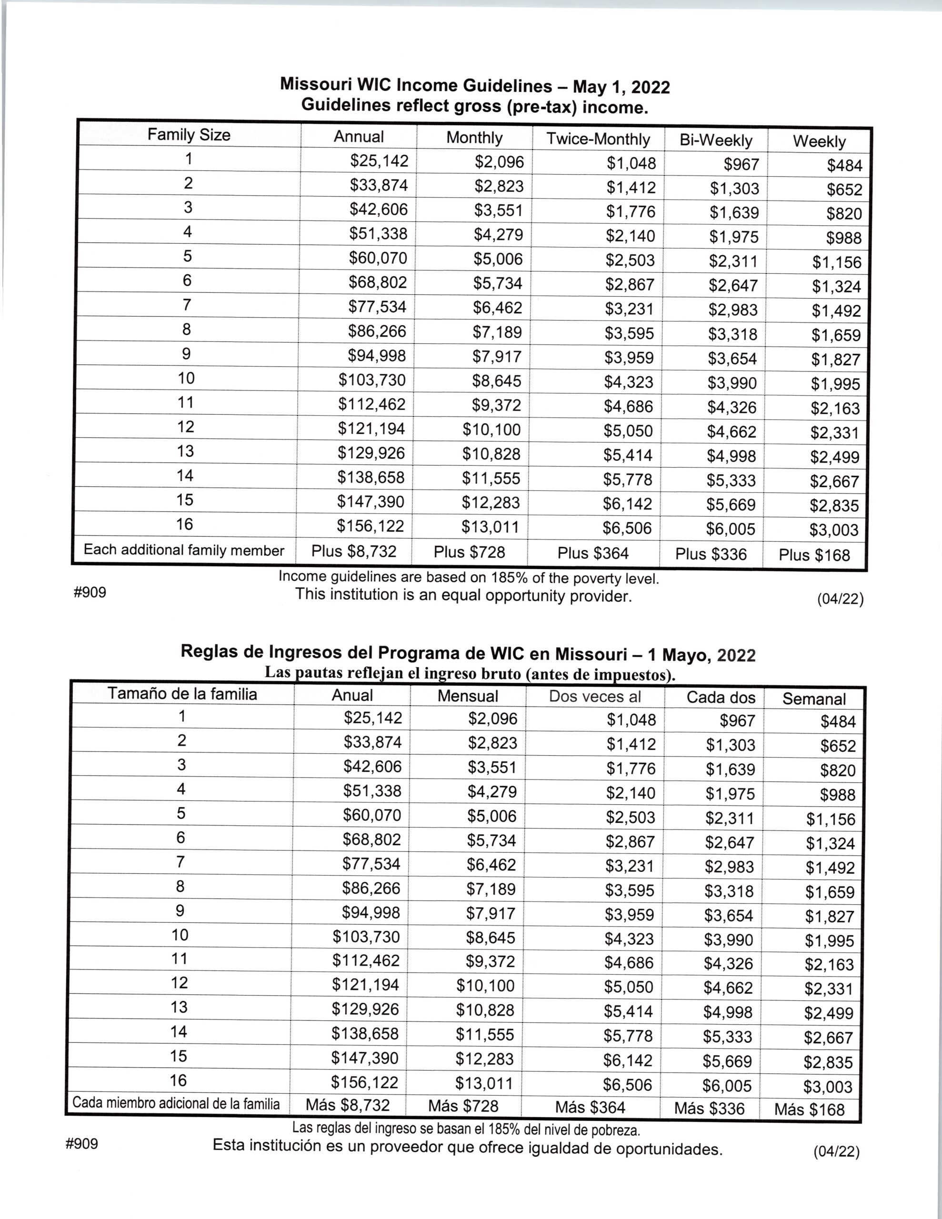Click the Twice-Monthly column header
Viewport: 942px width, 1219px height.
tap(598, 139)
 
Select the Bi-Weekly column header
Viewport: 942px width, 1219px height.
tap(716, 140)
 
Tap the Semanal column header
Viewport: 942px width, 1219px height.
tap(813, 699)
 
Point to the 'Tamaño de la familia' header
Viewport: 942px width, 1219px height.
tap(182, 694)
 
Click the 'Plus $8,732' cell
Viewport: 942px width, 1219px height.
tap(353, 551)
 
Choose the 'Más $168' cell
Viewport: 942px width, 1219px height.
tap(809, 1109)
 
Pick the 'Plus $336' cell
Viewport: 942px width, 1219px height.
tap(711, 554)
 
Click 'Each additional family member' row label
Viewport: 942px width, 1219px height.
tap(184, 550)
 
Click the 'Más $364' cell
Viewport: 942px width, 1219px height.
tap(590, 1108)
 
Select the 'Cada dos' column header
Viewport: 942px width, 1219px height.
tap(721, 698)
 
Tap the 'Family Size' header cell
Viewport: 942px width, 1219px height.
tap(189, 135)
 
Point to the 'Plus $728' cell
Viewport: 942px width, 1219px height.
tap(469, 552)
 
